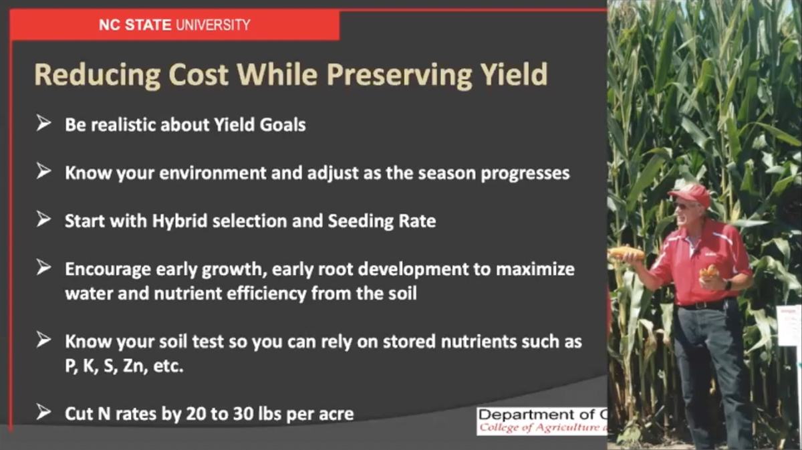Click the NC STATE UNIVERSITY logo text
pos(174,25)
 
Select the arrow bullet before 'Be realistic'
pos(44,124)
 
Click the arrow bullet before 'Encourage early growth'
pos(44,268)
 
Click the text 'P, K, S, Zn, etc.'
pos(123,366)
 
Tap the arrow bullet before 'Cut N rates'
pos(44,413)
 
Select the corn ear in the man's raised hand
pos(626,253)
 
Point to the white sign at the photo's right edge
pos(789,325)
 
